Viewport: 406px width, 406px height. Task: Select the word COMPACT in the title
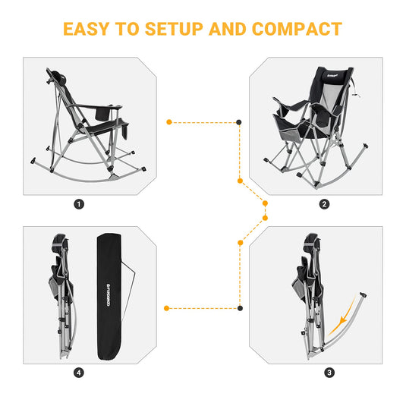pos(297,29)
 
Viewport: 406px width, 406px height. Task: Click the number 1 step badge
pos(80,203)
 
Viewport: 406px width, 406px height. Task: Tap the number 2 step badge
pos(325,203)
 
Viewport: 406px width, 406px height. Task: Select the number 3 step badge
pos(329,373)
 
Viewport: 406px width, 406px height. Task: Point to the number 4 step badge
pos(80,373)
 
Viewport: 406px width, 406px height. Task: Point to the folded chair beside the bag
pos(63,296)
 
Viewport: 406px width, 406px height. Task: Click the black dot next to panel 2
pos(240,121)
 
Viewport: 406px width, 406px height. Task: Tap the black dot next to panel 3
pos(240,308)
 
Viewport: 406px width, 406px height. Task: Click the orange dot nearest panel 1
pos(168,121)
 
